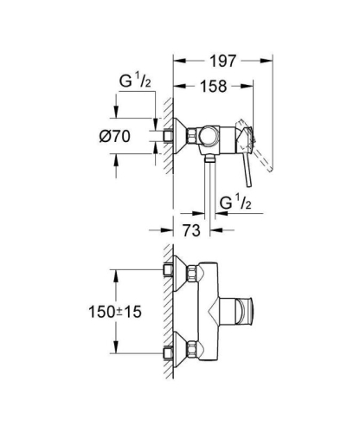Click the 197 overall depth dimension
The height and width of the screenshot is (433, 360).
[x=223, y=61]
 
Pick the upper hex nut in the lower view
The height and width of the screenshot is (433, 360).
[x=168, y=269]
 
